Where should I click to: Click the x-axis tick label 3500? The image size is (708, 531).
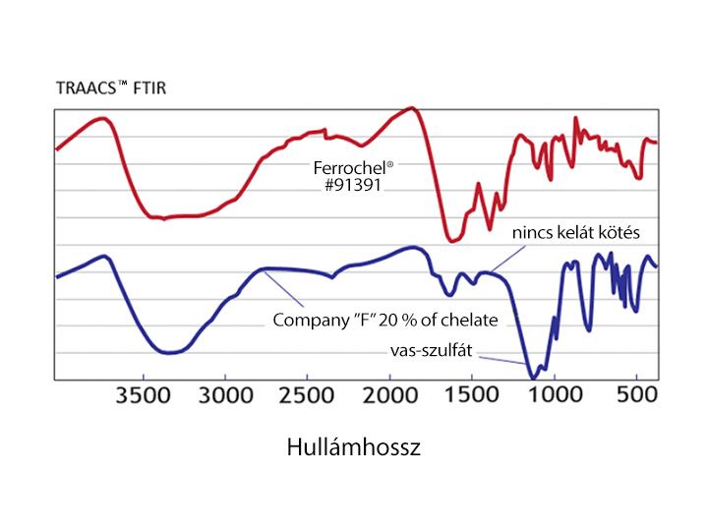coord(144,400)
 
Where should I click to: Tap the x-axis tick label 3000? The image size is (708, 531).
coord(226,400)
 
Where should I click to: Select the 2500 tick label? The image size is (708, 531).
coord(308,400)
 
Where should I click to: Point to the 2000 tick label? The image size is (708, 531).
coord(390,400)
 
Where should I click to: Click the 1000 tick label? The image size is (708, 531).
coord(555,400)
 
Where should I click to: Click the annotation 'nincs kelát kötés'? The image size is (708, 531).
coord(576,233)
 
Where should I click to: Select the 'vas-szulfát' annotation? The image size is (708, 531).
coord(428,350)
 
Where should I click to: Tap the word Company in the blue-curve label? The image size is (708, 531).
coord(305,320)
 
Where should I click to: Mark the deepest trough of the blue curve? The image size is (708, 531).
coord(533,377)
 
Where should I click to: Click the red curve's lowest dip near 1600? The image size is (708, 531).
coord(451,239)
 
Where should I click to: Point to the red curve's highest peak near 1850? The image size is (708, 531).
coord(414,107)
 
